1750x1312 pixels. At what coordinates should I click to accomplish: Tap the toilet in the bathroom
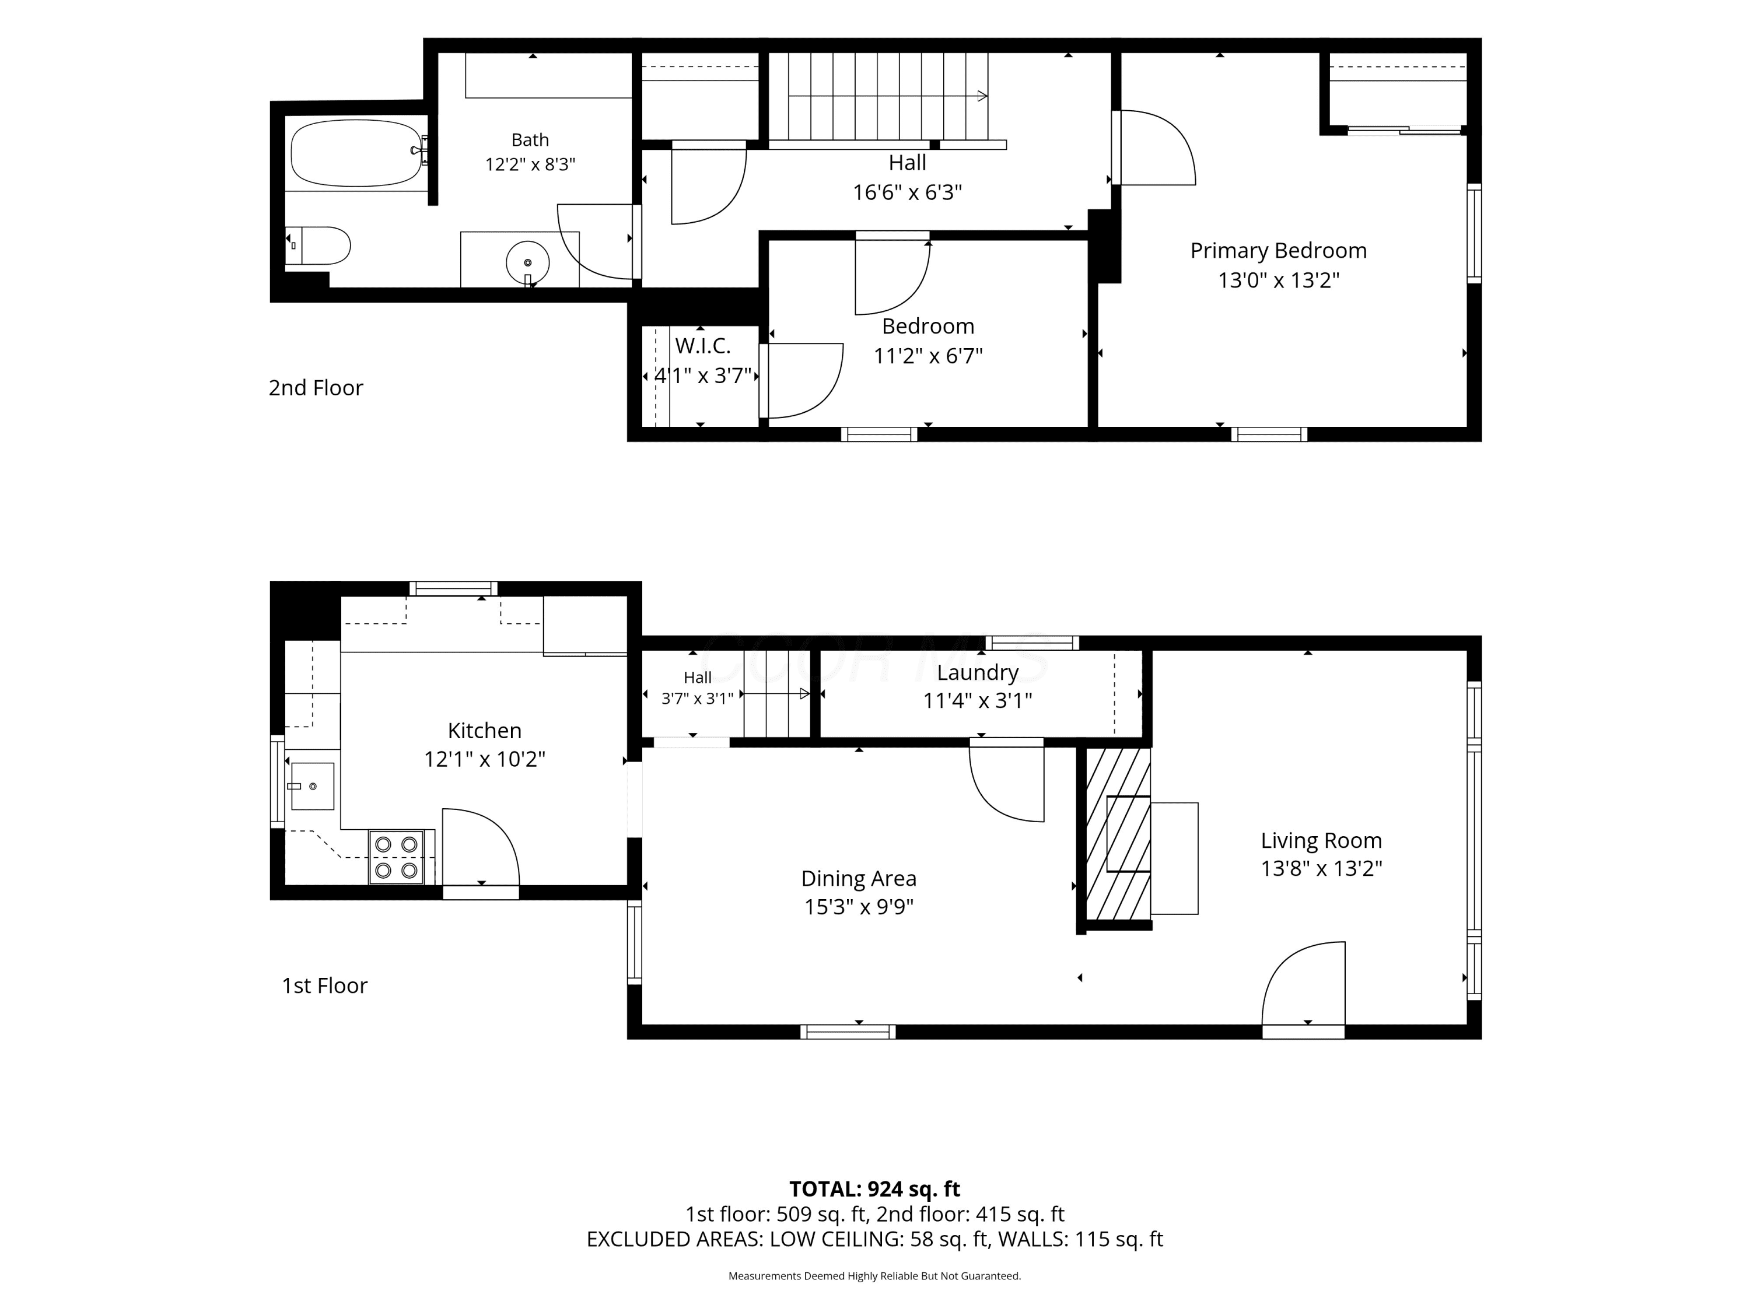point(318,245)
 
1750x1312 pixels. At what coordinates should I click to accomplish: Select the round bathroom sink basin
point(527,262)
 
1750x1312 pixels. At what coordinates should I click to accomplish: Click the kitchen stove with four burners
point(396,857)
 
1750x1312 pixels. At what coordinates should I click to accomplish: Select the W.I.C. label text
point(702,346)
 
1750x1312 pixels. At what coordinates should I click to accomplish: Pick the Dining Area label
point(859,879)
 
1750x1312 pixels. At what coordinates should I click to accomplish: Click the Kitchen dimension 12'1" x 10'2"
point(484,759)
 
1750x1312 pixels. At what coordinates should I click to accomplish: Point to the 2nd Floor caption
point(316,388)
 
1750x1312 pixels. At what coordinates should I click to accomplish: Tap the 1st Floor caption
point(324,985)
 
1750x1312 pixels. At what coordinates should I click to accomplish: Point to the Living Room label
point(1321,841)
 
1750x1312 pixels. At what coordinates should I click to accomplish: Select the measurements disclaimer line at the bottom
point(874,1276)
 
